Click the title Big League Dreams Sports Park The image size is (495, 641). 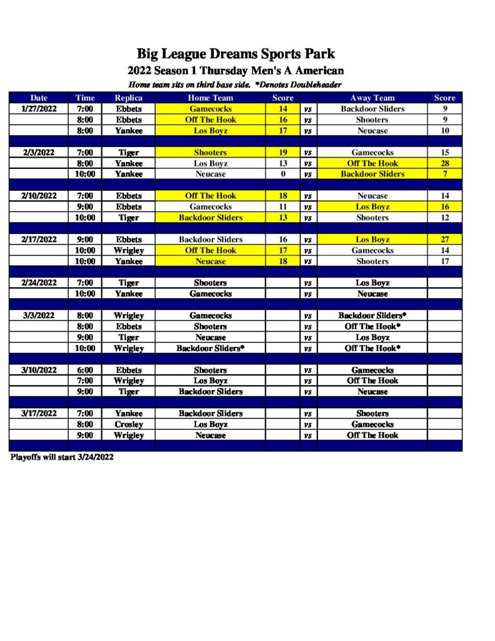pos(236,54)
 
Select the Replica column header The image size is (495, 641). pos(128,98)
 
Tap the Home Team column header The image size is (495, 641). pos(210,98)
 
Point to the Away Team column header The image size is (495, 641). pos(372,98)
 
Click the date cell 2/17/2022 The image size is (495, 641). pos(39,239)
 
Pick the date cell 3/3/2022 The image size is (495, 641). pos(39,315)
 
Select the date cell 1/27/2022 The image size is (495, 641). pos(39,109)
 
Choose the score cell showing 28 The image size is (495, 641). pos(445,163)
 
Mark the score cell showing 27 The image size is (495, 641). pos(445,239)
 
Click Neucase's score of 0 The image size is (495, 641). pos(282,174)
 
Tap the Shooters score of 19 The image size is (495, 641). pos(282,152)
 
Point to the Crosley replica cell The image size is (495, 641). pos(128,424)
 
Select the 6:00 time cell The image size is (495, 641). pos(85,370)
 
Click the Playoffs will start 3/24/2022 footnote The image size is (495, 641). pos(62,457)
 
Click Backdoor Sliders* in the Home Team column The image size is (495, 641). pos(210,348)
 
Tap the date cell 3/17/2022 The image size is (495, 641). pos(39,413)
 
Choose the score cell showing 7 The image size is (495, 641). pos(445,174)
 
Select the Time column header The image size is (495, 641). pos(85,98)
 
